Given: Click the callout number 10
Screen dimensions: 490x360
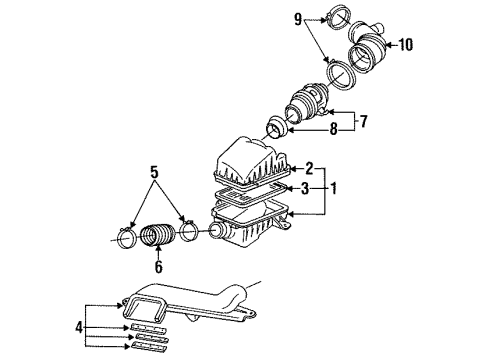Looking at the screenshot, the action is click(x=406, y=45).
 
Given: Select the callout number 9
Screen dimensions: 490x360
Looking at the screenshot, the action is click(x=298, y=19).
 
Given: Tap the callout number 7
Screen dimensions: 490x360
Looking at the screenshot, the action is click(x=363, y=121).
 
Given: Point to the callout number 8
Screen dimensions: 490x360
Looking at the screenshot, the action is click(x=333, y=129).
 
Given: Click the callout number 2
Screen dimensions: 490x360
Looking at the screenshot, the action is click(x=309, y=169).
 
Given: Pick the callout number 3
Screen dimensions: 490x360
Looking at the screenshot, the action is click(x=305, y=189).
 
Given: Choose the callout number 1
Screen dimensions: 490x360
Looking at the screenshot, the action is click(x=333, y=189).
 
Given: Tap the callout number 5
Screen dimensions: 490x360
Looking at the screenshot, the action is click(x=154, y=172).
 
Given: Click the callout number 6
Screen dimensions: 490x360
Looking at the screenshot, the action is click(x=159, y=266).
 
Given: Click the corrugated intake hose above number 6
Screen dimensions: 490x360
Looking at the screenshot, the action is click(x=157, y=235).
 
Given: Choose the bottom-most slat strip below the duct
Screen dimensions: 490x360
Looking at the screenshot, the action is click(x=149, y=346).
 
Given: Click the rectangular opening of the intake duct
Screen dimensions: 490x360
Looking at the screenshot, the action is click(x=144, y=307).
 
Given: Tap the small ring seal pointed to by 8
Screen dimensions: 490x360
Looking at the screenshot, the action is click(x=276, y=127).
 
